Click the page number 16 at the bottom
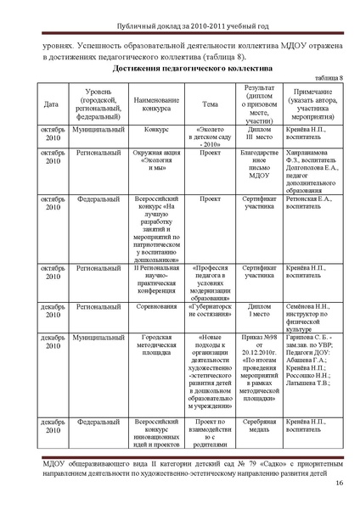tap(339, 484)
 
